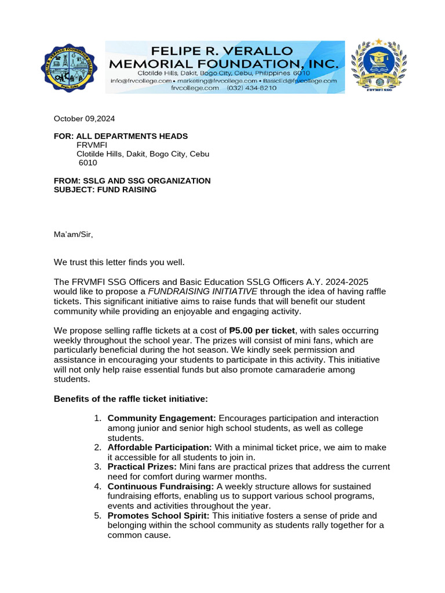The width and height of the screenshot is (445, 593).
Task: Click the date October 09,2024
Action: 85,119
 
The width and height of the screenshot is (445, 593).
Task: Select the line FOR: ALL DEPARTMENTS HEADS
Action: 121,136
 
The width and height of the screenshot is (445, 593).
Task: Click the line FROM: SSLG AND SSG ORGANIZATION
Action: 132,181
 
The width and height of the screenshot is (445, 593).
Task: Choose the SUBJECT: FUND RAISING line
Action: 105,189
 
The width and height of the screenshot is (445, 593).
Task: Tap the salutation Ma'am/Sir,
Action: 73,235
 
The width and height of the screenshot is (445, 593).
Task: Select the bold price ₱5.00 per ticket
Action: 262,330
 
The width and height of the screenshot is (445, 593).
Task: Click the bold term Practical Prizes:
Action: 143,467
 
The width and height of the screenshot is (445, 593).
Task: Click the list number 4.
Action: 98,486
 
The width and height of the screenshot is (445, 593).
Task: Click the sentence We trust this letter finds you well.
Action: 119,262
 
